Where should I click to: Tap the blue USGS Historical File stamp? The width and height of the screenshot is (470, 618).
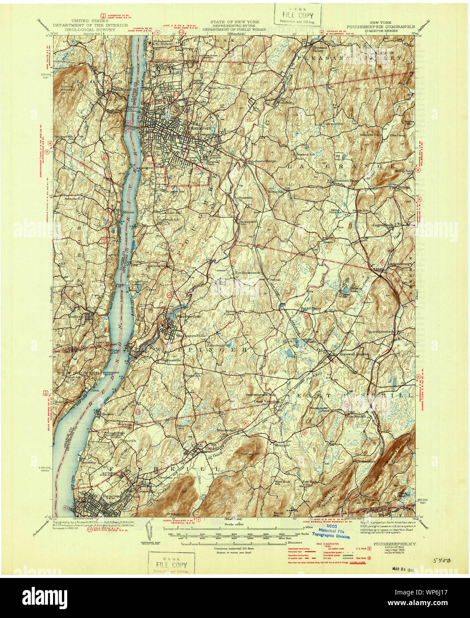(330, 533)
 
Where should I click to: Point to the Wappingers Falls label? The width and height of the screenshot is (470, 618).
(185, 336)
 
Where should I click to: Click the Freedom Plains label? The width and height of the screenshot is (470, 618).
(346, 181)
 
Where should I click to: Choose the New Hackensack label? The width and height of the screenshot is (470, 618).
(250, 272)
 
